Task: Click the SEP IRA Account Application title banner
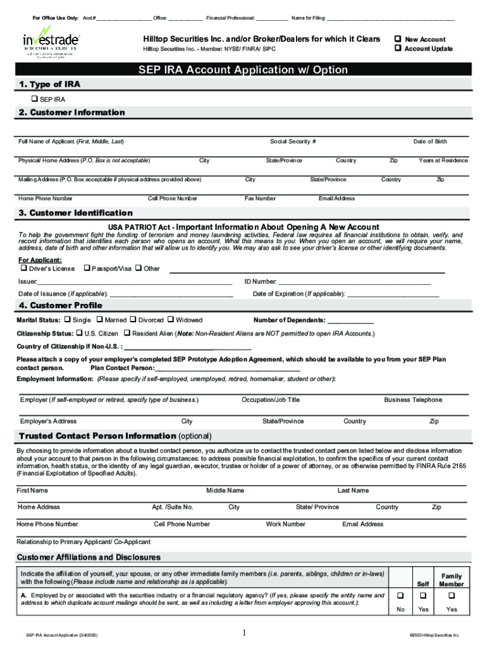243,70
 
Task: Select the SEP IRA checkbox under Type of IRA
34,99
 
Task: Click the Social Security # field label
293,142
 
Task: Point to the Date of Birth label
430,142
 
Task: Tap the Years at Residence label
443,160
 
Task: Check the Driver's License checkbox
23,269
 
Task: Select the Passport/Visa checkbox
87,269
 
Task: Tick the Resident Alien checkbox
126,333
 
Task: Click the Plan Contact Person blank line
227,369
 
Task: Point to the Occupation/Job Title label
271,400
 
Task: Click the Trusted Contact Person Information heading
97,436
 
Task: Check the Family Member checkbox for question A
452,596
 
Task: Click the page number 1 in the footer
244,632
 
